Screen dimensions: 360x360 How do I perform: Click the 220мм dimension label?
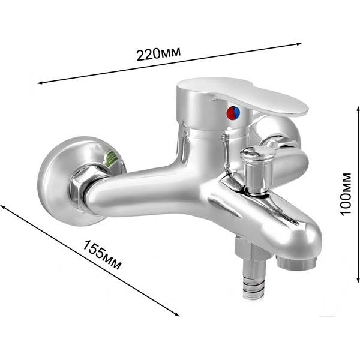158,54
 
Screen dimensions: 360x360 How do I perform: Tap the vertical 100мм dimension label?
346,194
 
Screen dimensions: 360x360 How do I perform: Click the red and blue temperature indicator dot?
233,113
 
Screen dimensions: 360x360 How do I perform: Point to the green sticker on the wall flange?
112,158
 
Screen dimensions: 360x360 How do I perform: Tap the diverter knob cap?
257,152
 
